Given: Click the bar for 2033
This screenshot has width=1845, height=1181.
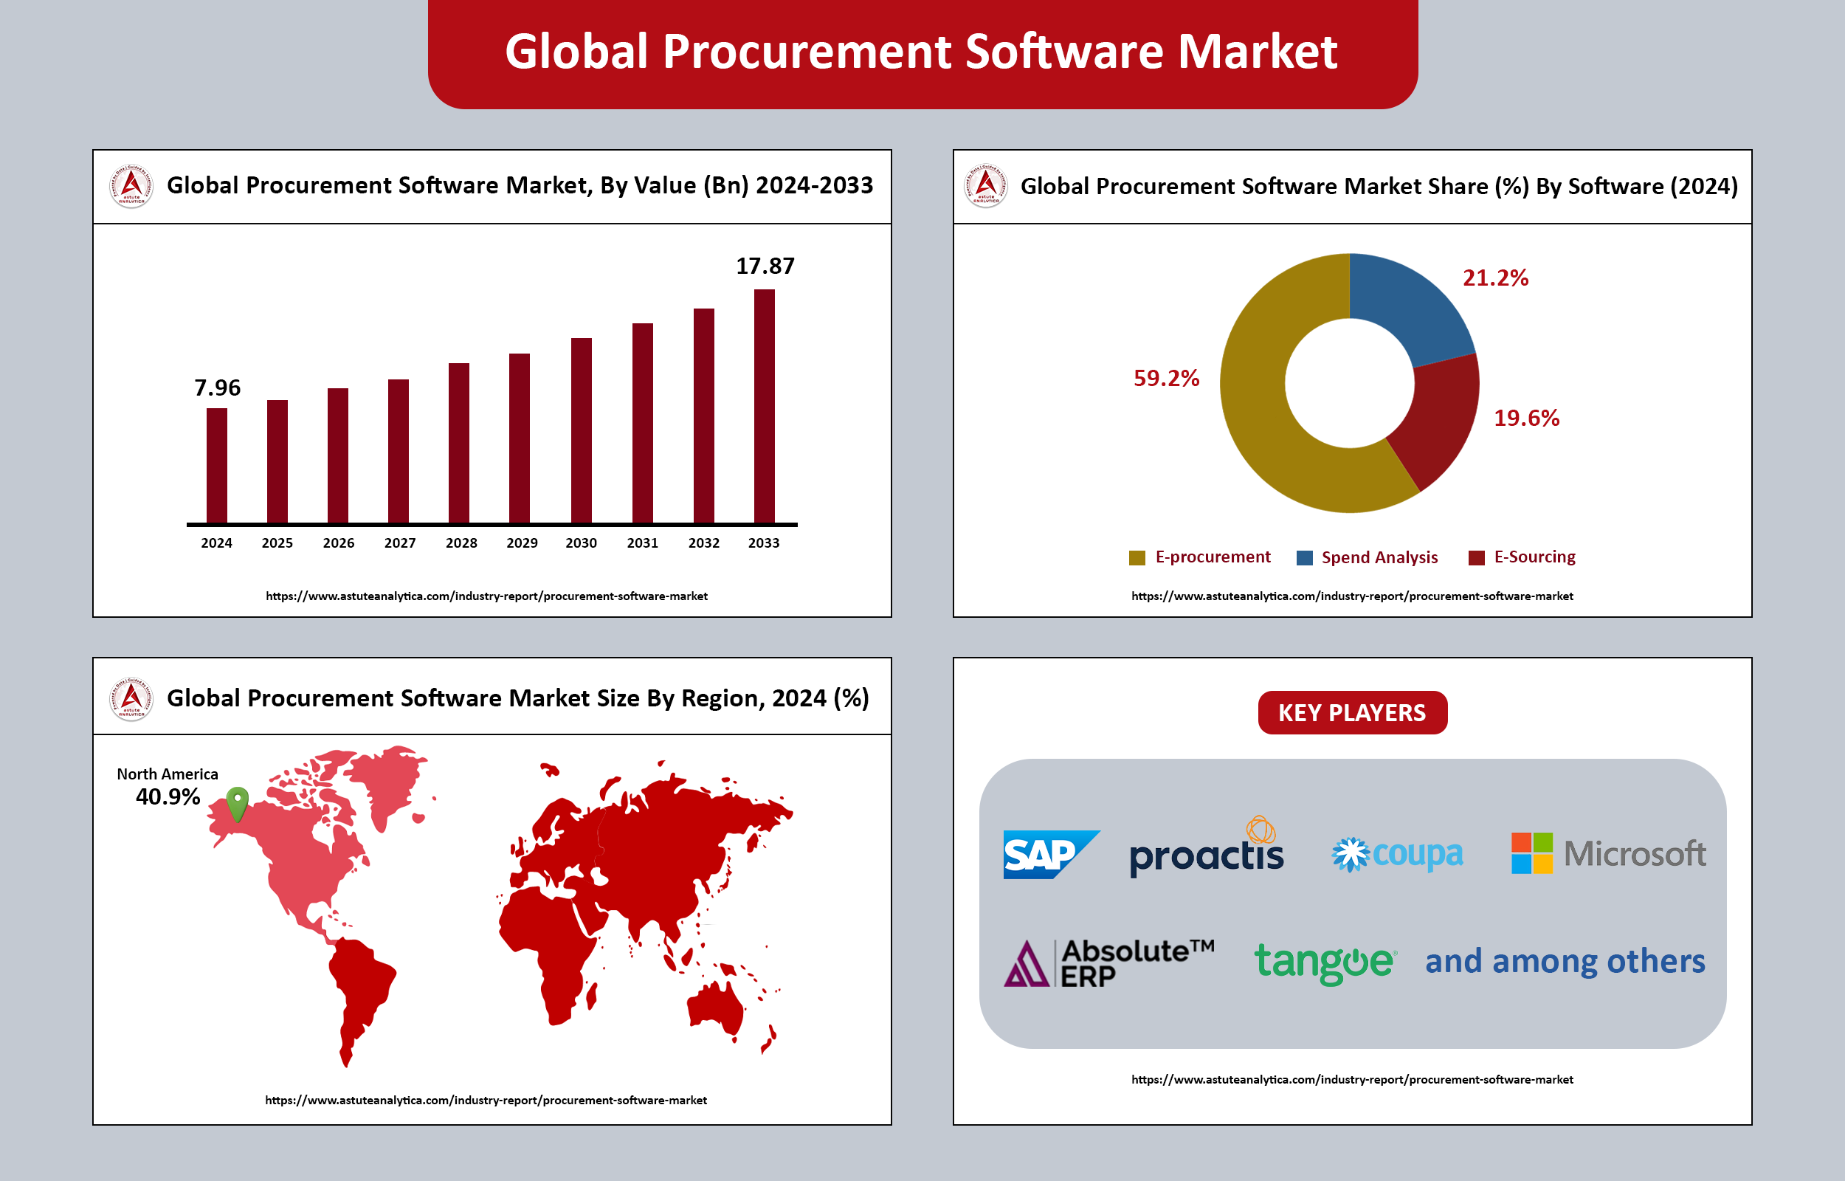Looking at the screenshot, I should pyautogui.click(x=765, y=407).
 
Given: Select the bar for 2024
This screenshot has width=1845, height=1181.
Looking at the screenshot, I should pyautogui.click(x=217, y=466).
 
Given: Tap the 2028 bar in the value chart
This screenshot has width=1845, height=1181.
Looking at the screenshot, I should pyautogui.click(x=458, y=444).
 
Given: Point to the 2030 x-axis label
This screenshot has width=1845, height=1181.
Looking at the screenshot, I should pyautogui.click(x=581, y=543).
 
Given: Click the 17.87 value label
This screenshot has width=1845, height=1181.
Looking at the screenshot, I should pyautogui.click(x=765, y=266).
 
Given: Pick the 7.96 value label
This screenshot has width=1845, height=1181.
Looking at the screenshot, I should pyautogui.click(x=217, y=388).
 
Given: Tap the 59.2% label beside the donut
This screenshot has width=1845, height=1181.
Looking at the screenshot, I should pyautogui.click(x=1166, y=378).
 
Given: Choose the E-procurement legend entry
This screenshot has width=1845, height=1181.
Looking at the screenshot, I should pyautogui.click(x=1199, y=557).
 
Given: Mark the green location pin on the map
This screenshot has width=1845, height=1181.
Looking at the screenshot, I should pyautogui.click(x=238, y=802).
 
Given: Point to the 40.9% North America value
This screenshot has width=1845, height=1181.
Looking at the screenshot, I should pyautogui.click(x=168, y=796).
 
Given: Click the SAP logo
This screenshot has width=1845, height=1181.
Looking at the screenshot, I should pyautogui.click(x=1049, y=853).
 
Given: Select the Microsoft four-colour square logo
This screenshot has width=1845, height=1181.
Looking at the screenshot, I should pyautogui.click(x=1531, y=853).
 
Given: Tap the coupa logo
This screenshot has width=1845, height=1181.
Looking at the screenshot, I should pyautogui.click(x=1397, y=854).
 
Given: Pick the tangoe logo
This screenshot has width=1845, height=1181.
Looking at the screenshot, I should pyautogui.click(x=1325, y=962).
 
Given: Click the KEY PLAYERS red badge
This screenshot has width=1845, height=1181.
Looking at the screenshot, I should pyautogui.click(x=1352, y=712).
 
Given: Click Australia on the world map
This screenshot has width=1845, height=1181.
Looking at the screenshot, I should pyautogui.click(x=716, y=1005).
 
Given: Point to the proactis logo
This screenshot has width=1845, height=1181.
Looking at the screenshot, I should pyautogui.click(x=1207, y=851).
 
